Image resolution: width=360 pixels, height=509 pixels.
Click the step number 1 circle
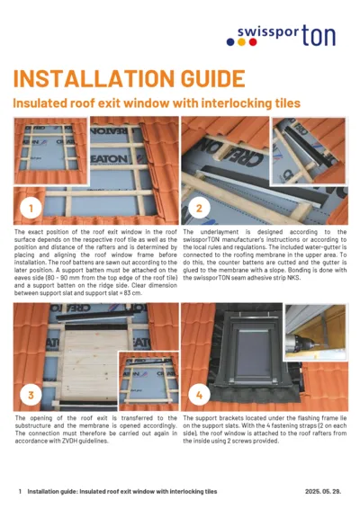click(32, 210)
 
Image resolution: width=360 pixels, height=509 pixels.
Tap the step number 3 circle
click(32, 394)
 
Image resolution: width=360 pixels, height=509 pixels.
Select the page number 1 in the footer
click(20, 492)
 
